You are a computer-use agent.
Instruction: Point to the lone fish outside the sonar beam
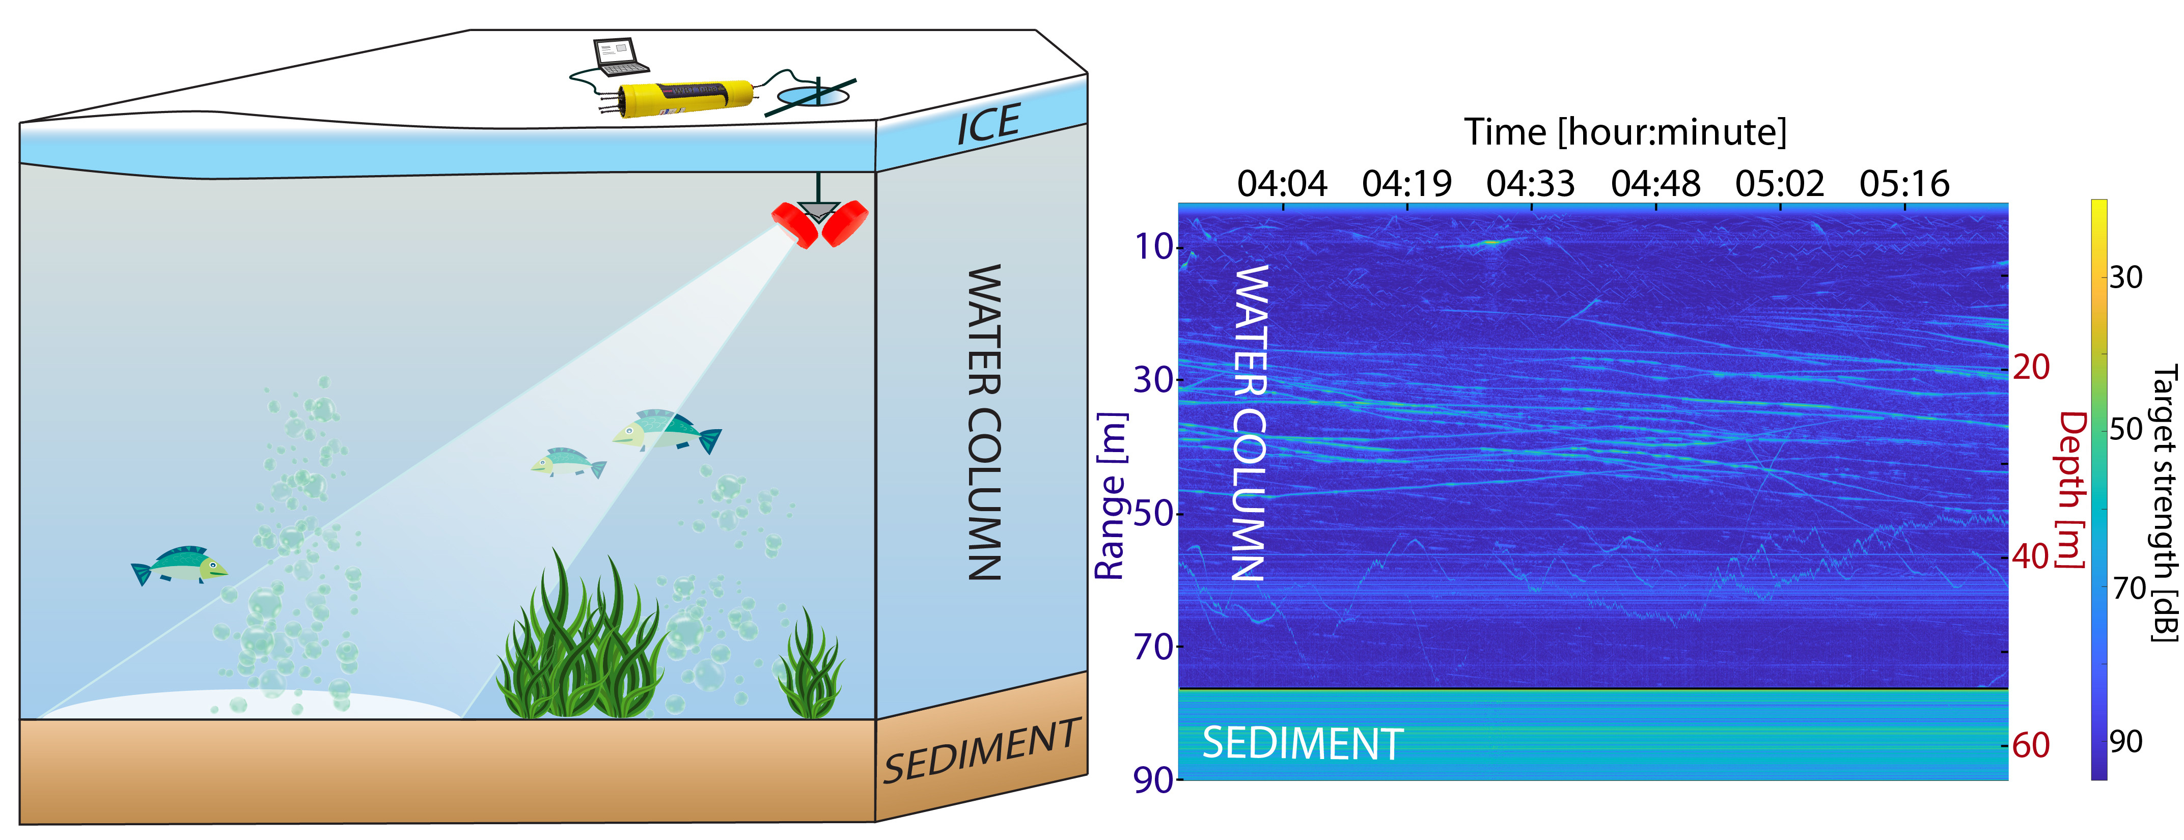179,566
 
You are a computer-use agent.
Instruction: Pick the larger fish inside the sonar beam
667,431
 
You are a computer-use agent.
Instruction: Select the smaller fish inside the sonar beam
568,463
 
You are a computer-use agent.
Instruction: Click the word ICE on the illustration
988,125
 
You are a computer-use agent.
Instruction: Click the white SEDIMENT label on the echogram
1302,743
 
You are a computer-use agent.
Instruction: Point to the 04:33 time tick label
1530,183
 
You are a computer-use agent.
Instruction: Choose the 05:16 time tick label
1904,183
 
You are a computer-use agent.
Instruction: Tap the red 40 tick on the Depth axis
2031,557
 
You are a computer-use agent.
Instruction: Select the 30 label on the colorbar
2125,277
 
